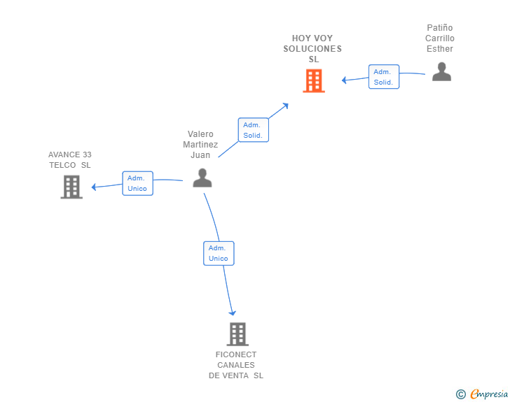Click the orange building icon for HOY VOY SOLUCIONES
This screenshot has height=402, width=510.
coord(314,81)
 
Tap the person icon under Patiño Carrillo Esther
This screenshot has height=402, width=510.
coord(441,71)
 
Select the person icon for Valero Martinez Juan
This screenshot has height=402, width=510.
coord(202,178)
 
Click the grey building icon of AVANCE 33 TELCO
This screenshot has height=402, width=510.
coord(71,187)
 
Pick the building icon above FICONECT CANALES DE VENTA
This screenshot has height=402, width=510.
coord(237,334)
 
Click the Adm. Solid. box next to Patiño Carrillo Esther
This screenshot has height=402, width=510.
coord(384,77)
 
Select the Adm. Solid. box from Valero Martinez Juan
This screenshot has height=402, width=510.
coord(254,130)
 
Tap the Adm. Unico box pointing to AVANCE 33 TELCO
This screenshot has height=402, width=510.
coord(137,183)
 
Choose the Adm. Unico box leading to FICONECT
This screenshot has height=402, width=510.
coord(219,253)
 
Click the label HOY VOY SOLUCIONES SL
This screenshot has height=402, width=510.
coord(312,49)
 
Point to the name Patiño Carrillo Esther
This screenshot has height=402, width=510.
coord(440,38)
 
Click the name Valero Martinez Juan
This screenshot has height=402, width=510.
coord(200,145)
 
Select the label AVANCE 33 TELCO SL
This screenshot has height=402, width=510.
coord(70,160)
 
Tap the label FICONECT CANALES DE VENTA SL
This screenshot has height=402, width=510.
coord(236,365)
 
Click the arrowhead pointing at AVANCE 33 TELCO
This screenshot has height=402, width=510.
coord(94,187)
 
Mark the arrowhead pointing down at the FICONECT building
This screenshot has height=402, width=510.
coord(233,313)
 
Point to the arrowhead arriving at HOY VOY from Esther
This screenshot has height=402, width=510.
coord(344,80)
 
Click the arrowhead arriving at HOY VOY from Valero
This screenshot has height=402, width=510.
coord(286,106)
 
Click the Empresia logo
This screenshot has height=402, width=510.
coord(489,394)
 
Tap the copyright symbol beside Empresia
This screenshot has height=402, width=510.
coord(461,394)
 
